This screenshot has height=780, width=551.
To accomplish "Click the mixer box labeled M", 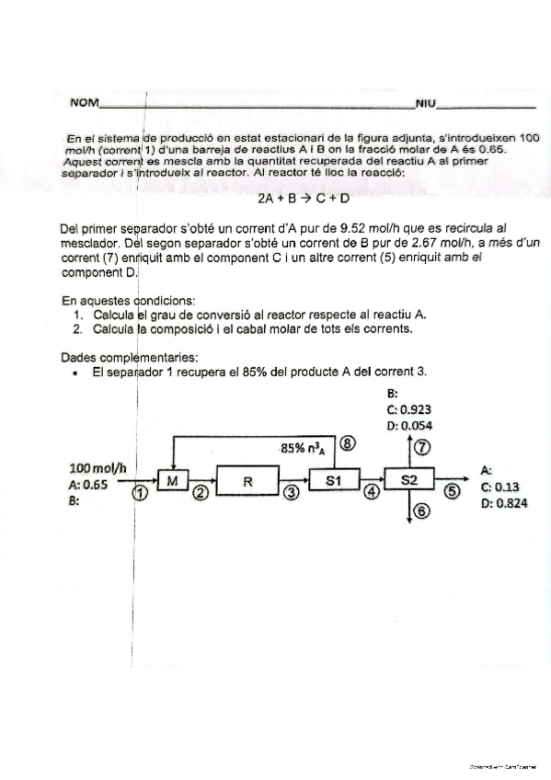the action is [173, 480].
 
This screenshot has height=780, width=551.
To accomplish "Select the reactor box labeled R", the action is [247, 480].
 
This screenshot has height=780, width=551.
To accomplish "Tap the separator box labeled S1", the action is [333, 480].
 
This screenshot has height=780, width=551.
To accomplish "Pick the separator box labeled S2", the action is [410, 480].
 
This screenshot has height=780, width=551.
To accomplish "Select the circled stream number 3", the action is [292, 493].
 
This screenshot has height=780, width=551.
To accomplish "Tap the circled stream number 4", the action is [372, 493].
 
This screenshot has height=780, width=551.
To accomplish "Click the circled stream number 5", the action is [452, 493].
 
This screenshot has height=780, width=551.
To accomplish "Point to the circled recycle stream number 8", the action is [347, 442].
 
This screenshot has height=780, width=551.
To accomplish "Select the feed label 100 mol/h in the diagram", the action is [97, 469].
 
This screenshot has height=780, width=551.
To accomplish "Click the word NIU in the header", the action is [425, 102].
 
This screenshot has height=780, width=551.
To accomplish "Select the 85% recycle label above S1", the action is [305, 449].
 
